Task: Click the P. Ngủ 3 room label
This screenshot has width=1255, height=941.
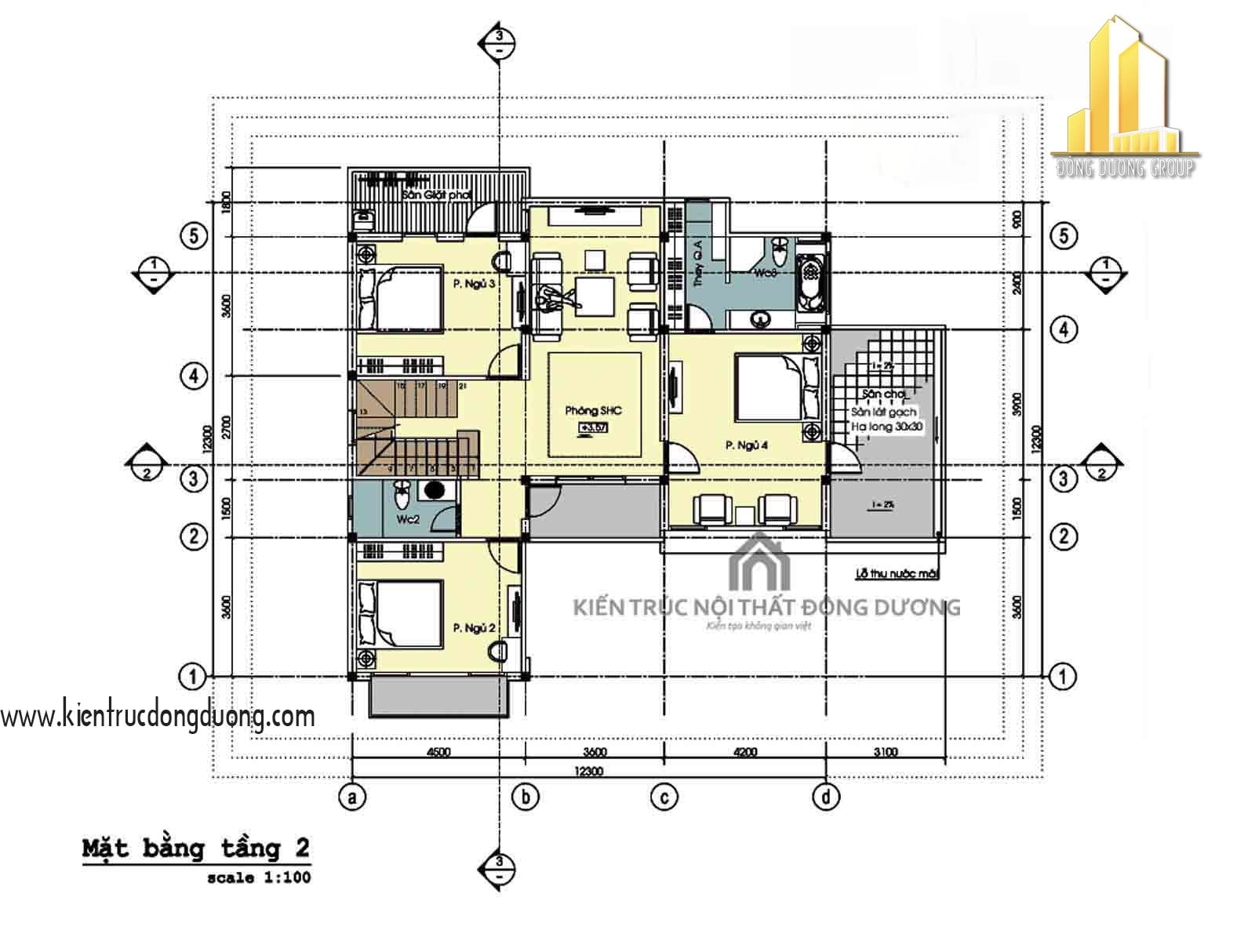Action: click(x=474, y=285)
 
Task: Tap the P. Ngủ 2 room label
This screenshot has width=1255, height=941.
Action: click(x=474, y=628)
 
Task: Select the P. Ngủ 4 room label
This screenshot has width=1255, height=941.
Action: click(x=746, y=445)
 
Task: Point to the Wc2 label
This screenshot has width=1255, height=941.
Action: click(x=408, y=519)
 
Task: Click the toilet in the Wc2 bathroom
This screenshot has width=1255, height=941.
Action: click(x=401, y=495)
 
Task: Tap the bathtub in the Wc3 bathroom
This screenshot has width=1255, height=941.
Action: click(x=810, y=281)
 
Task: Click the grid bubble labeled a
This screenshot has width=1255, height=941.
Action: click(x=352, y=797)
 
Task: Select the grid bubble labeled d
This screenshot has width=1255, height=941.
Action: click(x=826, y=797)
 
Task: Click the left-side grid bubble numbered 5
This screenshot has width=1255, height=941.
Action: click(x=194, y=235)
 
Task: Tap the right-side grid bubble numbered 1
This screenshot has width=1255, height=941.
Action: click(x=1063, y=676)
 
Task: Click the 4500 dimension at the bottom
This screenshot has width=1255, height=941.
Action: click(x=438, y=752)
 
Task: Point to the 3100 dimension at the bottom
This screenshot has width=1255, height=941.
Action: click(x=885, y=752)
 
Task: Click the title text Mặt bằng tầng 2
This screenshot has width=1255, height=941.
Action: click(x=195, y=848)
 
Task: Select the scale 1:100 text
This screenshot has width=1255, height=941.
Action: click(x=259, y=878)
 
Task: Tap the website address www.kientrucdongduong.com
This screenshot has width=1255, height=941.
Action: click(x=157, y=716)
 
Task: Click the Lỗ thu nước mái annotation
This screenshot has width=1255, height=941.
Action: click(x=897, y=574)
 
